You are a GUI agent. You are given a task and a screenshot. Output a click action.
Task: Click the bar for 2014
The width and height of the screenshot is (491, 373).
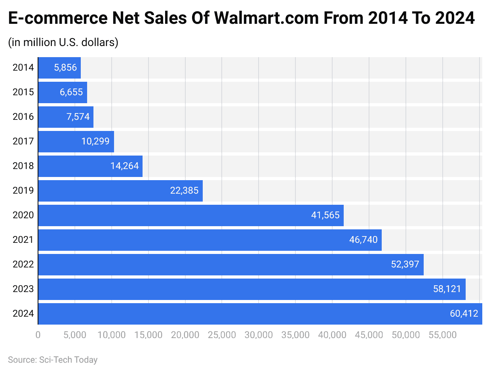59,68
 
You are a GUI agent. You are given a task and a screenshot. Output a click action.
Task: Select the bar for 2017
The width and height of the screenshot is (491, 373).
76,142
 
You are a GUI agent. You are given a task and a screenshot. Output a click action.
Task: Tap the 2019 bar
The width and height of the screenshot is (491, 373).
120,191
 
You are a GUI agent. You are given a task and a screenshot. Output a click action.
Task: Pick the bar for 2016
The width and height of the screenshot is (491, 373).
66,117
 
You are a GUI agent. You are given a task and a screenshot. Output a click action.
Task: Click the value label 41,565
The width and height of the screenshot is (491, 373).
325,215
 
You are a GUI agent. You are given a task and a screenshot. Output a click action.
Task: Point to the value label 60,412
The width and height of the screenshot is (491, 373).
464,313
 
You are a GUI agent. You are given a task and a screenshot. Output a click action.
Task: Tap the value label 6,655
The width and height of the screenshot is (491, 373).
71,92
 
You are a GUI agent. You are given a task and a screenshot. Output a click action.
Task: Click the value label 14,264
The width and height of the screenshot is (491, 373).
125,166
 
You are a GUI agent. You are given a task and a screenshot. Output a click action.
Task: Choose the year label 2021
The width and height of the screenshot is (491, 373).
23,240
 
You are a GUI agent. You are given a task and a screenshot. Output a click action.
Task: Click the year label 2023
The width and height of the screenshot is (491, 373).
23,289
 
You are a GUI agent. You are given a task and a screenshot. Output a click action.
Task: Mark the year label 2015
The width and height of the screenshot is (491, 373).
23,92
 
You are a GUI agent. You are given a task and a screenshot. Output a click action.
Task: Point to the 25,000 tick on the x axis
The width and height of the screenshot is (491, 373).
222,335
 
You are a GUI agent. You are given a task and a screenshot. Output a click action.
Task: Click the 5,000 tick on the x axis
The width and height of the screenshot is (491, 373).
75,335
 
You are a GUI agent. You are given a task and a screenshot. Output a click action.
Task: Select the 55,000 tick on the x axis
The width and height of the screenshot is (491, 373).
442,335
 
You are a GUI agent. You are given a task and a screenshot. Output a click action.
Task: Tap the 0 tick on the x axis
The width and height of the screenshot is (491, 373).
38,335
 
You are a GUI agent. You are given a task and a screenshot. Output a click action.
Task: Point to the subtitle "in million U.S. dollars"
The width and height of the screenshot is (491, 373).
63,42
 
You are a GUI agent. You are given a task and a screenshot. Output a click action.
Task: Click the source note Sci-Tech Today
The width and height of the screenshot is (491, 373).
53,360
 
